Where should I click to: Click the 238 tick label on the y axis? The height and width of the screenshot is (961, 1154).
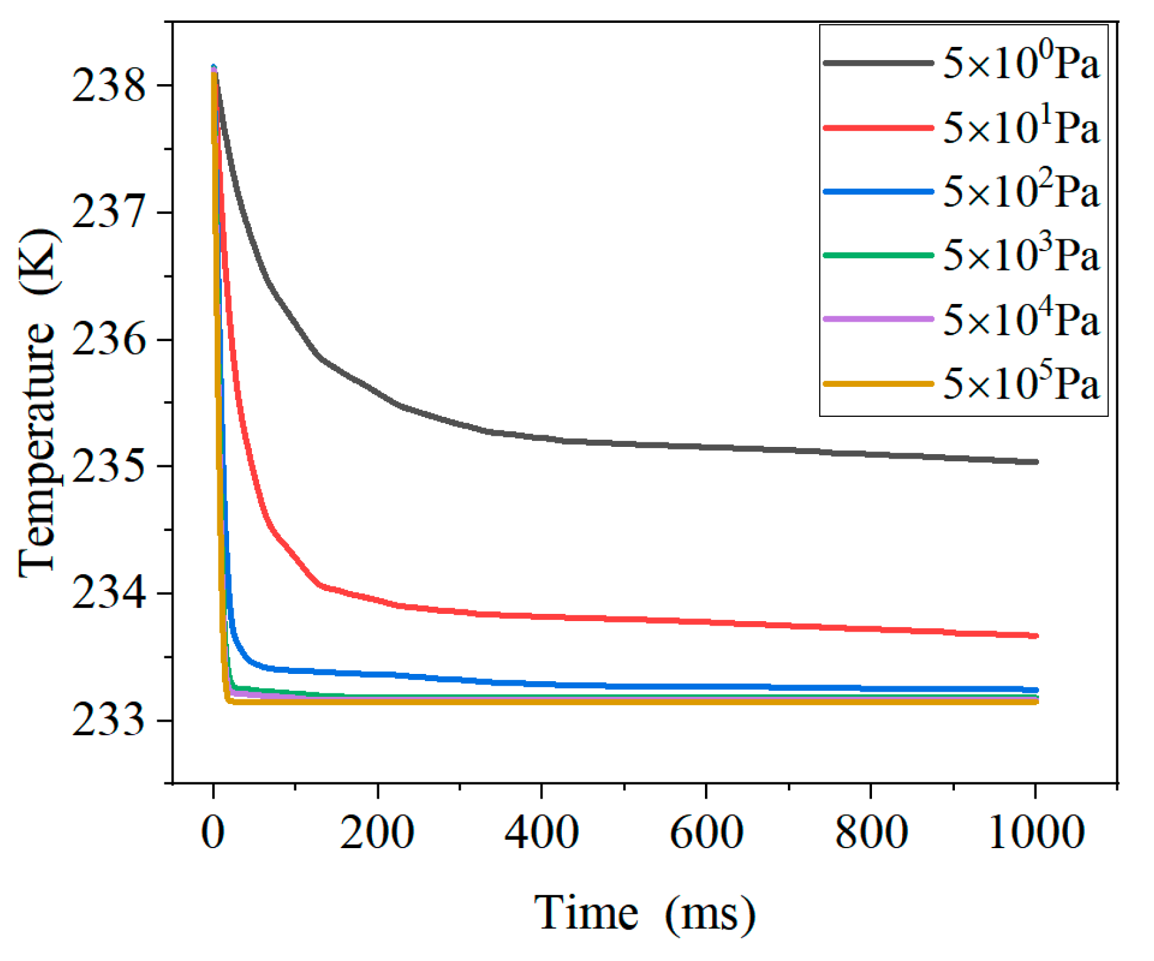[108, 85]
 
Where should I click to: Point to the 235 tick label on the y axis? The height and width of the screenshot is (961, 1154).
[108, 467]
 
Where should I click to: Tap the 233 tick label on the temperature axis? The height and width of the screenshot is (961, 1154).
[108, 720]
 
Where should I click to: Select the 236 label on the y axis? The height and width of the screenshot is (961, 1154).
[108, 340]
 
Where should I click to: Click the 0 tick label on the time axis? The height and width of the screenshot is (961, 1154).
[213, 832]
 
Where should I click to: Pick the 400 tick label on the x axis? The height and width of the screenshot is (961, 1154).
[542, 832]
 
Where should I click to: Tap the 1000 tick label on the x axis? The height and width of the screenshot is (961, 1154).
[1036, 832]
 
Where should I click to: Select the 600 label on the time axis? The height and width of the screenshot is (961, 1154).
[706, 832]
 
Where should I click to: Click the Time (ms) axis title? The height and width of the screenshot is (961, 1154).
[645, 913]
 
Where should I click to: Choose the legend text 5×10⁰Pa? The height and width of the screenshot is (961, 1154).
[1021, 63]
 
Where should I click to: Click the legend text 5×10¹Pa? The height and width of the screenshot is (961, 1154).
[1021, 127]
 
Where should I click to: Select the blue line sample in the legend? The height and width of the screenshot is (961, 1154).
[878, 191]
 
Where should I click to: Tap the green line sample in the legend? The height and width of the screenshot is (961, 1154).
[878, 255]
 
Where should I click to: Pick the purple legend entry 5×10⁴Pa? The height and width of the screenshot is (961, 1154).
[1021, 319]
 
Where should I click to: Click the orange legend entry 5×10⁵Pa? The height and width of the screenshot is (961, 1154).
[1021, 383]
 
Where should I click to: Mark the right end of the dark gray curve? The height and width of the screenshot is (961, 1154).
[1036, 462]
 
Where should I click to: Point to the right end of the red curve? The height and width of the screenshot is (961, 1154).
[1036, 635]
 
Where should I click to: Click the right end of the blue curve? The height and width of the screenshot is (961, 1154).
[1036, 690]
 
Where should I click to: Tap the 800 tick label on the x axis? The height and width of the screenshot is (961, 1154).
[871, 832]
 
